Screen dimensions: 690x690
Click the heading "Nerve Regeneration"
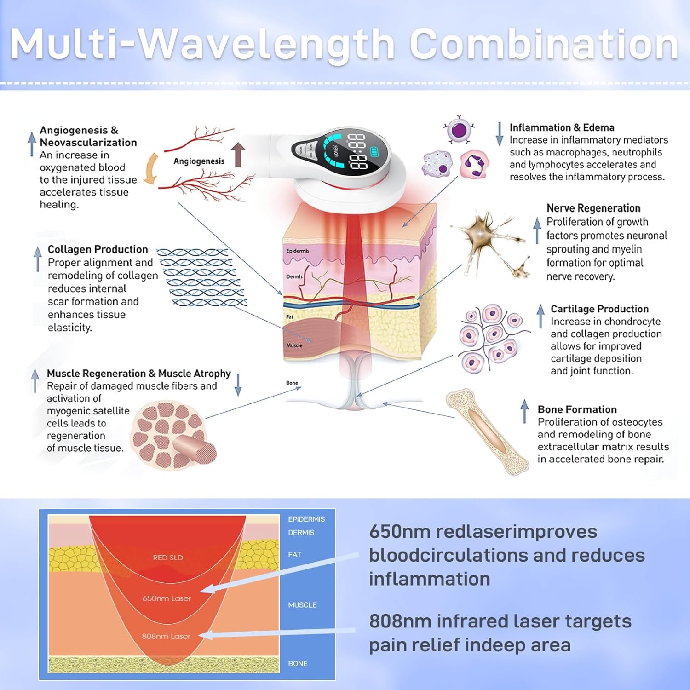point(593,208)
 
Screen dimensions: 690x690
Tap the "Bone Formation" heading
point(577,409)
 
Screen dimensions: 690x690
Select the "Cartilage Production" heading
point(599,309)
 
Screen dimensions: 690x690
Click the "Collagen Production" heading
point(98,249)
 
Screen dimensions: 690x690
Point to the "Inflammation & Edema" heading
point(562,127)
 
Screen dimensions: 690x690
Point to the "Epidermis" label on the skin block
point(298,251)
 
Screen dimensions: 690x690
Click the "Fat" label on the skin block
point(290,317)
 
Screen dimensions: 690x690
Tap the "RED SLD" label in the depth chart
point(168,558)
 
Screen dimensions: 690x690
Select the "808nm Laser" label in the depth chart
point(166,636)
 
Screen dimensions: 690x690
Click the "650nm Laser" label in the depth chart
point(166,598)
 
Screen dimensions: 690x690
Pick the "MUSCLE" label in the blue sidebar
point(302,605)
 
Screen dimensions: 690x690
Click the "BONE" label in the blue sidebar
point(298,664)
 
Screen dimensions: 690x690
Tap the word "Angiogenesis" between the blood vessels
point(199,161)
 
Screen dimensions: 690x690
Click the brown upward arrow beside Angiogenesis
point(238,154)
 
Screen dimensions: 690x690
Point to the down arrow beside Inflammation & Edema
point(500,134)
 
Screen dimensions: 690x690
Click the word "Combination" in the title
point(544,45)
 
